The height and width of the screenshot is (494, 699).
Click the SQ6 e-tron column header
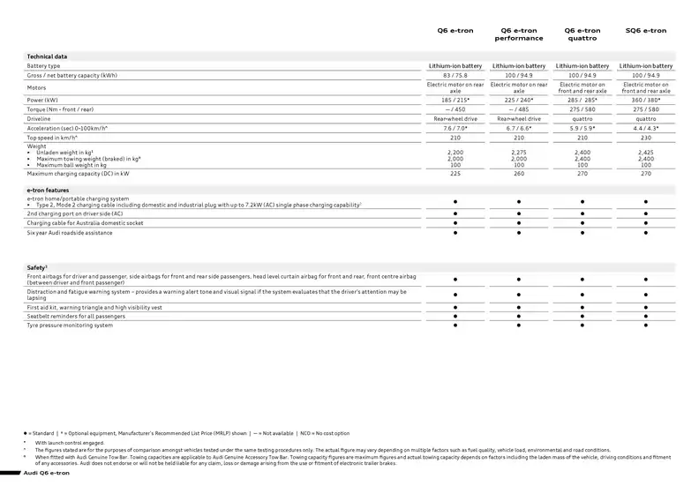coord(645,31)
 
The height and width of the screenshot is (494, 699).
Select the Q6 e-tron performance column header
coord(518,34)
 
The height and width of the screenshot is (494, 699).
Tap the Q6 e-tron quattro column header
coord(582,34)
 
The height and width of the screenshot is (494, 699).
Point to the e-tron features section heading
coord(48,190)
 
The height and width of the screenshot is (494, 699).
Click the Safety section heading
coord(36,266)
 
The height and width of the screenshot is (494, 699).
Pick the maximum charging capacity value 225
coord(455,174)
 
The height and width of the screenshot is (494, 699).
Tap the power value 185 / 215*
coord(455,101)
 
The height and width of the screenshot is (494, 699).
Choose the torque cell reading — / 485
coord(519,109)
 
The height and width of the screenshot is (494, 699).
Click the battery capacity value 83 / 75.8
coord(455,75)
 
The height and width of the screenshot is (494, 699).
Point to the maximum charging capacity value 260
coord(519,174)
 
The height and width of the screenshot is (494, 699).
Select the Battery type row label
coord(43,66)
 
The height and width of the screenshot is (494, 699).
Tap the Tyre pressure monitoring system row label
coord(70,326)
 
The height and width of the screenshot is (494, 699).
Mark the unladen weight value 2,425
coord(645,153)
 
